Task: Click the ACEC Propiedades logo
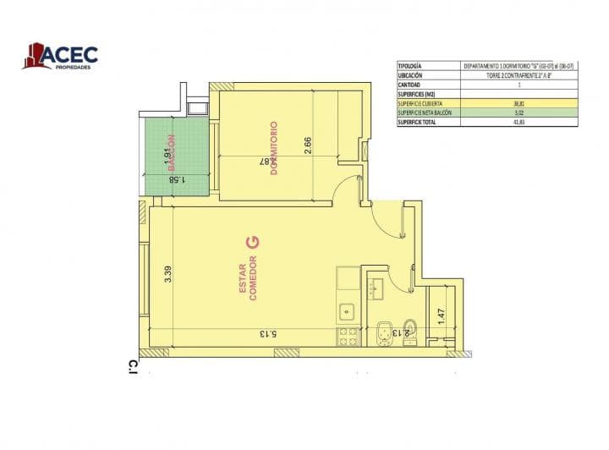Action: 60,56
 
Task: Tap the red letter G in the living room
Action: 251,242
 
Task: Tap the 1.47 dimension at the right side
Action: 440,316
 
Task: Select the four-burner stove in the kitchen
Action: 348,336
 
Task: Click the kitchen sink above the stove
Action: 347,311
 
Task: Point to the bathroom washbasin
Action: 375,287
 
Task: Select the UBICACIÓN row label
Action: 409,75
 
